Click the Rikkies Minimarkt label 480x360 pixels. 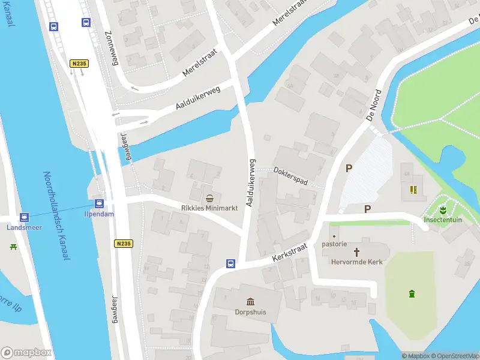pos(209,208)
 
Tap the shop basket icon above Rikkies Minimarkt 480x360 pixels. pos(209,198)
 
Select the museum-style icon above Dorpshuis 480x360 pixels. pos(250,302)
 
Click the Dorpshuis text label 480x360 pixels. pos(250,312)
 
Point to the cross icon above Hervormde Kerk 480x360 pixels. pos(357,252)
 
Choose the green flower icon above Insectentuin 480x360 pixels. pos(442,210)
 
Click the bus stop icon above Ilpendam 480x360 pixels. pos(98,203)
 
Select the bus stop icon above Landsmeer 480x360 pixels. pos(24,217)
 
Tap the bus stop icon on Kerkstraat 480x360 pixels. pos(230,263)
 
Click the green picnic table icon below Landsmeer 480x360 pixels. pos(13,246)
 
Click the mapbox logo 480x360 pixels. pos(26,352)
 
